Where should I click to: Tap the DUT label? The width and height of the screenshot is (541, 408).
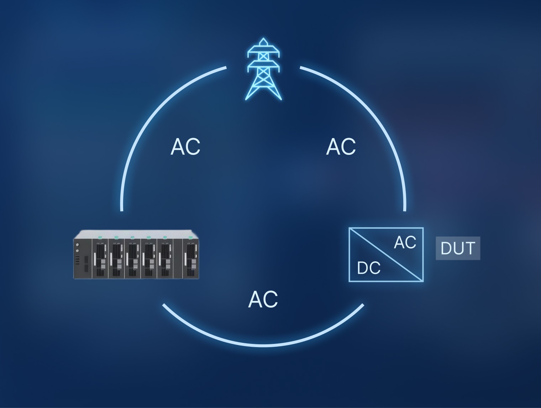click(458, 248)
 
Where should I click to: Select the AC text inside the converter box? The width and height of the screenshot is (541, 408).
click(405, 242)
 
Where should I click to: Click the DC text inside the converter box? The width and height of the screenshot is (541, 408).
click(369, 268)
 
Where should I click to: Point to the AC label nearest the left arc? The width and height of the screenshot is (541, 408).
click(185, 146)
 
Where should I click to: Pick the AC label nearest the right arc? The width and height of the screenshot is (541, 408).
click(341, 146)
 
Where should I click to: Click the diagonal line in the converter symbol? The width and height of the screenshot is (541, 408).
click(386, 255)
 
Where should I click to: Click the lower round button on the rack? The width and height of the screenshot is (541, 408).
click(77, 251)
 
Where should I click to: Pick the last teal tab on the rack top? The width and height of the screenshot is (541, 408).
click(190, 237)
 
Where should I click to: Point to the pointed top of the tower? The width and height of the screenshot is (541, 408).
click(263, 39)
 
